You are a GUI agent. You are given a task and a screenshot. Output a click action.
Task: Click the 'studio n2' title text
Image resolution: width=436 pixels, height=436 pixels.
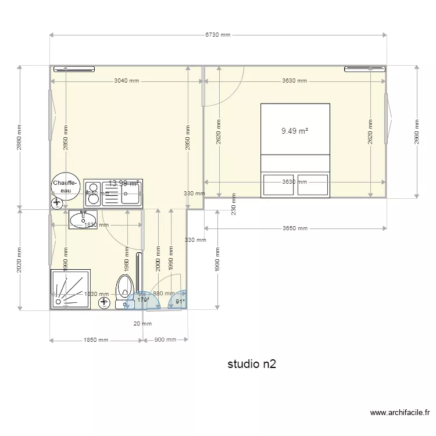[251, 364]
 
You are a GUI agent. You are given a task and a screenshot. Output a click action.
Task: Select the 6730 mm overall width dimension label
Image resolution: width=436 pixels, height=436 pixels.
[218, 35]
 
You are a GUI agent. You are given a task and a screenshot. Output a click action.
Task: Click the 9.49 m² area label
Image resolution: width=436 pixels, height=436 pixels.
[294, 131]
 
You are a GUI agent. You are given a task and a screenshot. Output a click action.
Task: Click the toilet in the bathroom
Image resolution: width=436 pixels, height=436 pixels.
[124, 288]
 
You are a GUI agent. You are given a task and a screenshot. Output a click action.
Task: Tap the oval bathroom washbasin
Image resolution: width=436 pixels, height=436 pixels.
[84, 220]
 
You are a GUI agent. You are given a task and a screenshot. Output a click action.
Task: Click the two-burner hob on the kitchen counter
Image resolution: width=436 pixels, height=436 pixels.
[92, 193]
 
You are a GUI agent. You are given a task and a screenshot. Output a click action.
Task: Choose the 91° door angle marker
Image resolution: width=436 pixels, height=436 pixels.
[180, 301]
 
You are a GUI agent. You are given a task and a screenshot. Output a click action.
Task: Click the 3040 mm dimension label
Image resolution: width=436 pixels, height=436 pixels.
[127, 81]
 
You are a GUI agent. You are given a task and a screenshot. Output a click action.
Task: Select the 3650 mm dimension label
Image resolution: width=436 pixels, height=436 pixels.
[295, 228]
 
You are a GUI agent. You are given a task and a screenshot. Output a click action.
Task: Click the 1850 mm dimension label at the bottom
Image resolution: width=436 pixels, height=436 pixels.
[96, 340]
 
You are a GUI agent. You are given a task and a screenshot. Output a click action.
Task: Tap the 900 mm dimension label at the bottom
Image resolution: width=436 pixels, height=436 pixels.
[166, 340]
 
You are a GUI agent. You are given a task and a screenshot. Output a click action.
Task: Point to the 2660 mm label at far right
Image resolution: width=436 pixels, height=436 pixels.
[417, 132]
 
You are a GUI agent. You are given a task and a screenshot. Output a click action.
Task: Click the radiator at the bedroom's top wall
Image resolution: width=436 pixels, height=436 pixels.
[365, 69]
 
